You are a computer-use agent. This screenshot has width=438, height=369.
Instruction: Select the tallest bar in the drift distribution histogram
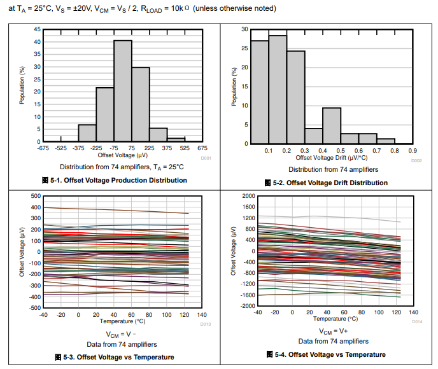coord(278,89)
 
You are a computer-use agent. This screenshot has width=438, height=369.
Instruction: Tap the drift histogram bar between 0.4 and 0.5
coord(332,125)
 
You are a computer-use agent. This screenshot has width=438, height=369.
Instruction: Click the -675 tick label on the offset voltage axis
coord(43,148)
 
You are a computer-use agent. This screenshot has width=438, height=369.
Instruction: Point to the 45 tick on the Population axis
coord(38,29)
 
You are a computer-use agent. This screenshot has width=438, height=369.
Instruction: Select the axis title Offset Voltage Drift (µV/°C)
coord(332,158)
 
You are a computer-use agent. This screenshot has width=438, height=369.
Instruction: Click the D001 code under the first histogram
coord(206,157)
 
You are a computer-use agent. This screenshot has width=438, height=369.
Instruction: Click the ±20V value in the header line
coord(88,9)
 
